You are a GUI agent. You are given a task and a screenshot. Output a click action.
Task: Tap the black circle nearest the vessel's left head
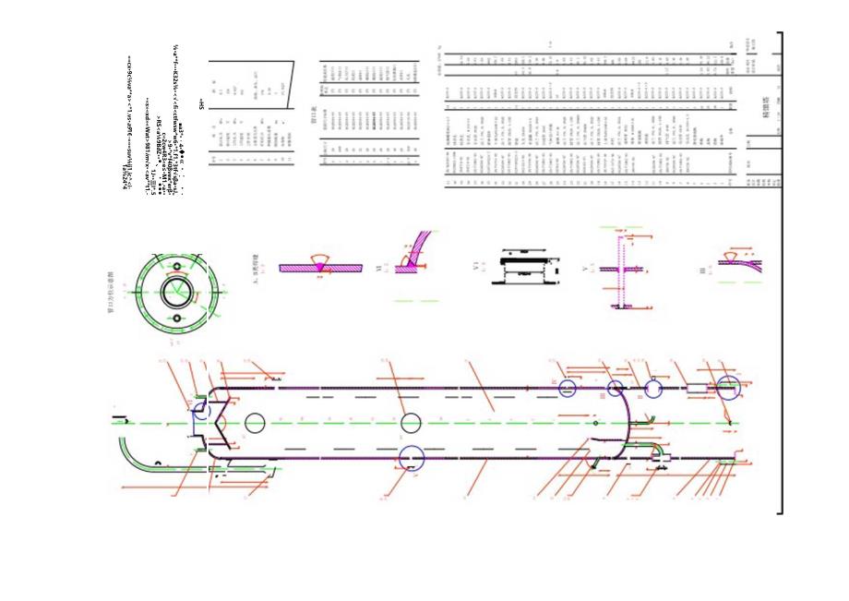(x=256, y=423)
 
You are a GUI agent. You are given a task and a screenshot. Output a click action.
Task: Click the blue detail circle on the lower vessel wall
(x=411, y=457)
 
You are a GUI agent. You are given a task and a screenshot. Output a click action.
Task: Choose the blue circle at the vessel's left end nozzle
(x=200, y=423)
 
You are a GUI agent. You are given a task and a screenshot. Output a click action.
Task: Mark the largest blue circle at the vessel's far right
(x=728, y=388)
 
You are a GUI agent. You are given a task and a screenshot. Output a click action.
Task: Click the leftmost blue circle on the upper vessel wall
(x=567, y=388)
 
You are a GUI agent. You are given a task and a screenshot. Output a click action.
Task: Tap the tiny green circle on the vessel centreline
(x=595, y=423)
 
